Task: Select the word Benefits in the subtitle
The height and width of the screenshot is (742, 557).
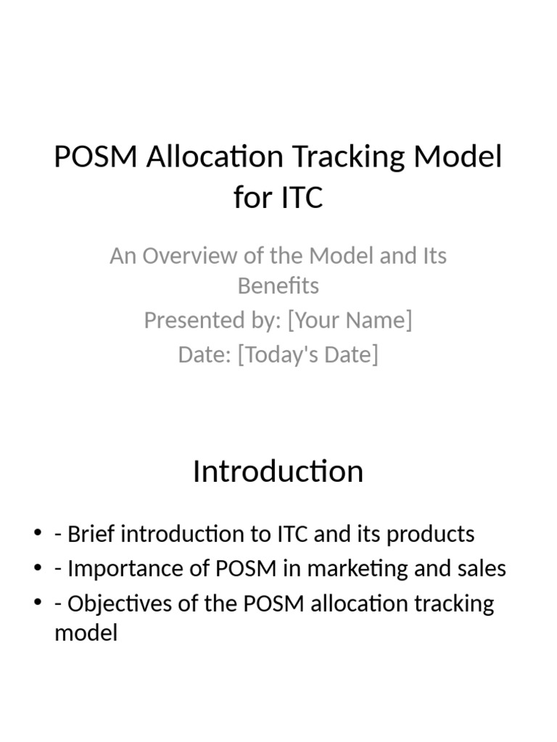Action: (278, 286)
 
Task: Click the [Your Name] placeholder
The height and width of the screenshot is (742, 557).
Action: (350, 320)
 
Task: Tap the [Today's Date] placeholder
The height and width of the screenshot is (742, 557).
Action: (308, 354)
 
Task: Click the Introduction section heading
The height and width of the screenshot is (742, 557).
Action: (278, 471)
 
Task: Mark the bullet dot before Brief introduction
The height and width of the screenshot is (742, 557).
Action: (38, 535)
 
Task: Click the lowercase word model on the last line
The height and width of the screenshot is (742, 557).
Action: (86, 634)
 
